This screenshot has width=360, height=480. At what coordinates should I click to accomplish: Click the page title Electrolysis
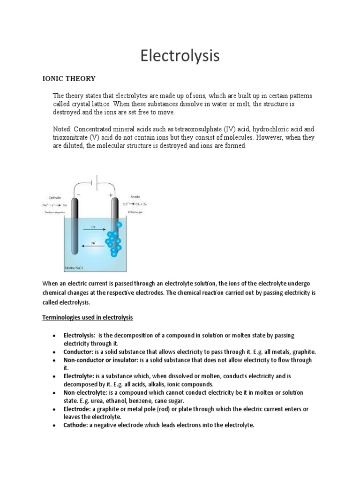[x=180, y=56]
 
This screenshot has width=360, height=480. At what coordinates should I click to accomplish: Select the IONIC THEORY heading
[x=69, y=78]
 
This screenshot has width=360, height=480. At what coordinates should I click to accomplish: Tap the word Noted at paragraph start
[x=63, y=129]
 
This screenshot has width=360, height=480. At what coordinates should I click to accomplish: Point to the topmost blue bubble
[x=119, y=225]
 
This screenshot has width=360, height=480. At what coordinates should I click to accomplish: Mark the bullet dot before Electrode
[x=55, y=409]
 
